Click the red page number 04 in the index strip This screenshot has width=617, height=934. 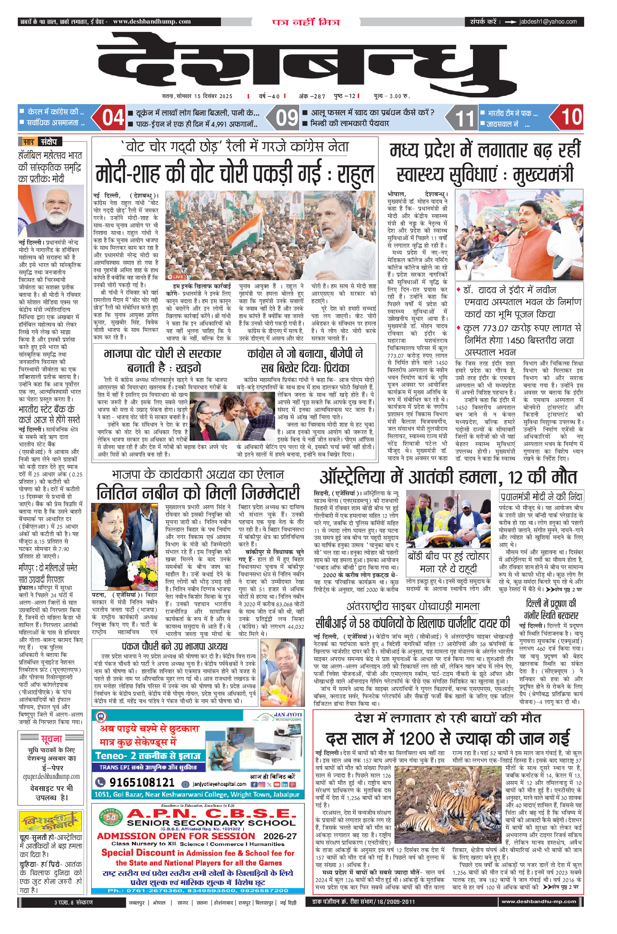113,118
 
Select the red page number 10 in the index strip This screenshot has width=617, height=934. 571,117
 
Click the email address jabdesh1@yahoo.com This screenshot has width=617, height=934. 548,22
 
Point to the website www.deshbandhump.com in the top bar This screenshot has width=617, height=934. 152,22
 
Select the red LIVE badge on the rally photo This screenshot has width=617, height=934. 175,277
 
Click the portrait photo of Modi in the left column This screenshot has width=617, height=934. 51,211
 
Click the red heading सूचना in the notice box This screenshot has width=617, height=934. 51,738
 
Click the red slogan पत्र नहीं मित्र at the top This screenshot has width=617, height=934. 306,22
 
